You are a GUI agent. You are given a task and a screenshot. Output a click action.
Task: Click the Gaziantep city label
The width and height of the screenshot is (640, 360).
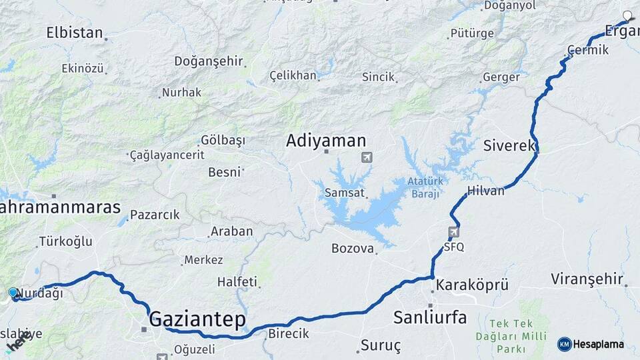[x=197, y=319]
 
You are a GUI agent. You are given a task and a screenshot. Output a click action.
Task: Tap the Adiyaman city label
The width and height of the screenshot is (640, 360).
[x=326, y=141]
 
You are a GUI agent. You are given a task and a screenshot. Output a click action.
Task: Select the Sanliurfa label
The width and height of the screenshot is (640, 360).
[x=429, y=317]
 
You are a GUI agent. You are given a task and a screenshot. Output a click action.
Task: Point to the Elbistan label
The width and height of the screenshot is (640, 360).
[x=75, y=33]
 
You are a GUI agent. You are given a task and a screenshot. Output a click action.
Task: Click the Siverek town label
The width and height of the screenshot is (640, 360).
[x=509, y=145]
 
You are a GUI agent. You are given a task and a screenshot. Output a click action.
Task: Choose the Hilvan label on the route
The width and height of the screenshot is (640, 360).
[x=486, y=191]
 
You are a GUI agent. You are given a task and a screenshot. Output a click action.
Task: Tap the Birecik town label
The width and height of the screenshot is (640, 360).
[x=288, y=334]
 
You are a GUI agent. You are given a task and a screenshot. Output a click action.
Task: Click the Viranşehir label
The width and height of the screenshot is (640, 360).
[x=587, y=279]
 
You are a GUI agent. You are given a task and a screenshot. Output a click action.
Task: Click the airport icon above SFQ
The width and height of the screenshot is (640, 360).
[x=455, y=232]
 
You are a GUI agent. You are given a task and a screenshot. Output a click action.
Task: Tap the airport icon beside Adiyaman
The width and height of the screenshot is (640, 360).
[x=366, y=157]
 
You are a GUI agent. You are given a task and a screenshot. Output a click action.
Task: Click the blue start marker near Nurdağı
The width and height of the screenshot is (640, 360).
[x=13, y=293]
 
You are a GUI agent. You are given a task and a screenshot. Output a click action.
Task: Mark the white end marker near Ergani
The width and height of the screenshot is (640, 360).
[x=627, y=15]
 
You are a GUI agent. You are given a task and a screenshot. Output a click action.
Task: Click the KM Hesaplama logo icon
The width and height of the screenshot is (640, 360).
[x=564, y=344]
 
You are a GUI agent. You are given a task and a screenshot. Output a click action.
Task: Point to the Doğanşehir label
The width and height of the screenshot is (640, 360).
[x=209, y=61]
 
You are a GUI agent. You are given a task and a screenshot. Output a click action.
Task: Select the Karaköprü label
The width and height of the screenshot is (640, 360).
[x=472, y=285]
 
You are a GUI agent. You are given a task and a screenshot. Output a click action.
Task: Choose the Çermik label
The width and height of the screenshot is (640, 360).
[x=588, y=50]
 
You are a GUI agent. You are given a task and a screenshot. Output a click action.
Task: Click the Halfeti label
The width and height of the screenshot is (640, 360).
[x=237, y=282]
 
